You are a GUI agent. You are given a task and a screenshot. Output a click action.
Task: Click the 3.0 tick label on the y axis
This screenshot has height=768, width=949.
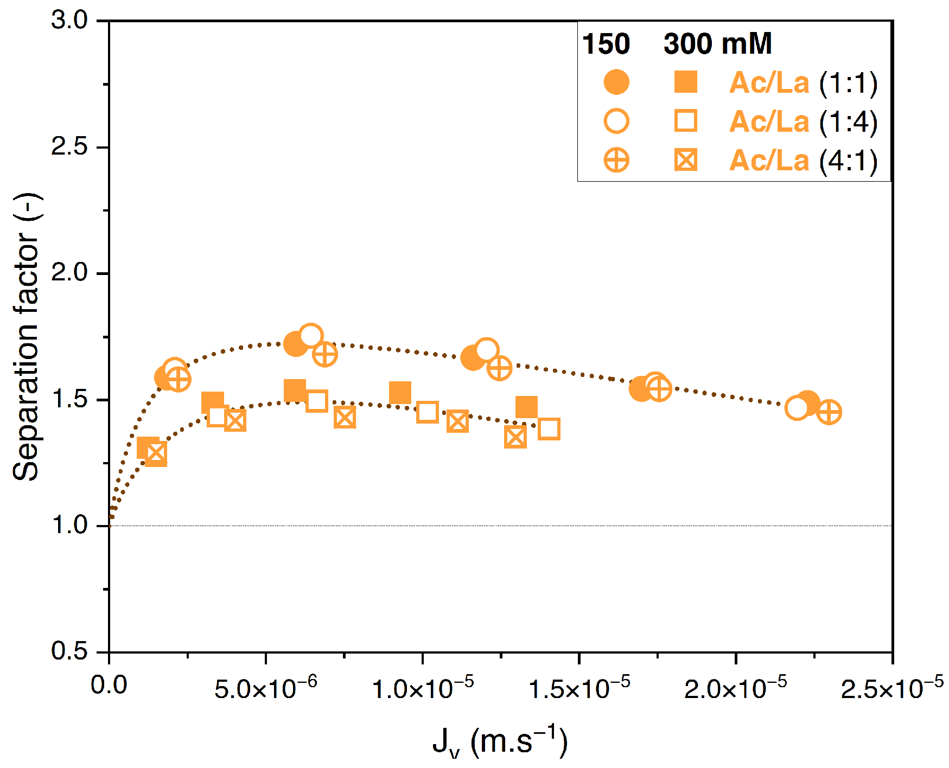coord(69,21)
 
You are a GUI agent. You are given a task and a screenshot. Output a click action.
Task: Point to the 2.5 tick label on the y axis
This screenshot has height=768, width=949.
coord(69,147)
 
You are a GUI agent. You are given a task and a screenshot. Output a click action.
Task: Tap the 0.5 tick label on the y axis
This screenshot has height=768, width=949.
coord(69,651)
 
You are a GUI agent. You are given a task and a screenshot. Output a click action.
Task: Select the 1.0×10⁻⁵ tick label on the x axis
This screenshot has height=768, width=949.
coord(422,688)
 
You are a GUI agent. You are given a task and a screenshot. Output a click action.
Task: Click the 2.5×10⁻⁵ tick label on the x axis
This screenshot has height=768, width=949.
coord(891,688)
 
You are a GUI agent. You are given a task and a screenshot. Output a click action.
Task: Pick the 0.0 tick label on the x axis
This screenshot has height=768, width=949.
coord(109,685)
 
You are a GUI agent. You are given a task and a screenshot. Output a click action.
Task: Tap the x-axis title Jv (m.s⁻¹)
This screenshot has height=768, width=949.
coord(500,741)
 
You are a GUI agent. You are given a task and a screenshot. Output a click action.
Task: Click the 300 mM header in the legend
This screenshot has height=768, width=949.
coord(717,44)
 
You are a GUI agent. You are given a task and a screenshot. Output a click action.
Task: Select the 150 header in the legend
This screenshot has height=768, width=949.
coord(606,44)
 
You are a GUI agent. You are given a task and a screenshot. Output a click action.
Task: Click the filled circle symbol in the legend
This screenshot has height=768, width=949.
coord(616,82)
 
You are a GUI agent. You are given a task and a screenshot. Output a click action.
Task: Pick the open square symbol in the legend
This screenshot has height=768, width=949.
coord(686,121)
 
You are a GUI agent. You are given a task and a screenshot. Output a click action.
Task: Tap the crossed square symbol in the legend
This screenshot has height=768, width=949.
coord(686,161)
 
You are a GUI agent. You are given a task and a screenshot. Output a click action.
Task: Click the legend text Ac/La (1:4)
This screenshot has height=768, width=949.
coord(803,121)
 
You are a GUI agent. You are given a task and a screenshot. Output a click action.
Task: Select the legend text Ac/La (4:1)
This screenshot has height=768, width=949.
coord(803,161)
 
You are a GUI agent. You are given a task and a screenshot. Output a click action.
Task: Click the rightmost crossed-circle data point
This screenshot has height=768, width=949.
coord(829,412)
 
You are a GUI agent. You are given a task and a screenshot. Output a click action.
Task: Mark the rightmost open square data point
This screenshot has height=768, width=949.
coord(549,429)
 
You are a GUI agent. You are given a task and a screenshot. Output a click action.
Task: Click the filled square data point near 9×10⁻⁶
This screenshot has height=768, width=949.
coord(400,392)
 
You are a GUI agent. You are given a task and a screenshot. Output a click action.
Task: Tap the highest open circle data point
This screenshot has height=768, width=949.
coord(310,336)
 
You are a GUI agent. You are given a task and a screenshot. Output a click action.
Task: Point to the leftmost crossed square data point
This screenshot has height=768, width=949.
coord(156,453)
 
